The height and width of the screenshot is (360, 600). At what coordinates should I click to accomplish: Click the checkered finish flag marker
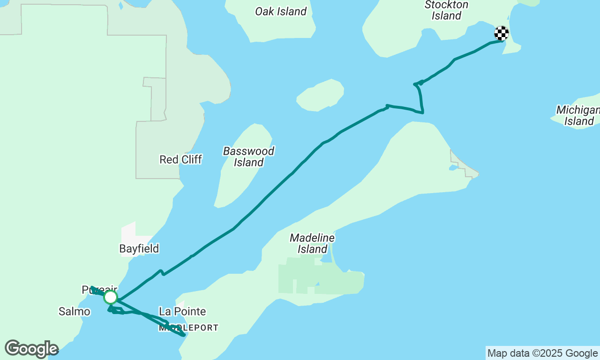coord(502,33)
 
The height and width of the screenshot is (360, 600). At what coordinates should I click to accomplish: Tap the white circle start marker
coord(111,297)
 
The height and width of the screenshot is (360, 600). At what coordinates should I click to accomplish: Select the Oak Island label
coord(281,11)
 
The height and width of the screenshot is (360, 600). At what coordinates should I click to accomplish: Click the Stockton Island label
coord(446,10)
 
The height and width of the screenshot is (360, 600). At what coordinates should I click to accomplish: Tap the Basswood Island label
coord(248,157)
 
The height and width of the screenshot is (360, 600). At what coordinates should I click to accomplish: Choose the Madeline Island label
coord(312,243)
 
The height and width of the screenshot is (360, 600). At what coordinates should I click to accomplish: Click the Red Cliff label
coord(180,159)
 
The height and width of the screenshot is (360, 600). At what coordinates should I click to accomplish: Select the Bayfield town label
coord(139,248)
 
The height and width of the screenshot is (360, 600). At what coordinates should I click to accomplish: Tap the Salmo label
coord(74,311)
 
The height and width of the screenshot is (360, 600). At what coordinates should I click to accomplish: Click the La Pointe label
coord(182,311)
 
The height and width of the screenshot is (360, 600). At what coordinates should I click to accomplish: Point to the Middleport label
coord(188,328)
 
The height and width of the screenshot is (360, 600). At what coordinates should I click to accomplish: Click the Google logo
coord(31,349)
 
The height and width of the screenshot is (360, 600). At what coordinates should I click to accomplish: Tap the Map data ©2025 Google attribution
coord(542,353)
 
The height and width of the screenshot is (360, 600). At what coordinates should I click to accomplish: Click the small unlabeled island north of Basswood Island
coord(321,95)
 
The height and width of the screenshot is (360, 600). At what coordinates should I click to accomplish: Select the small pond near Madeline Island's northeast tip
coord(453,167)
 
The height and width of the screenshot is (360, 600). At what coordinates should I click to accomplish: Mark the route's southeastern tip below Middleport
coord(184,335)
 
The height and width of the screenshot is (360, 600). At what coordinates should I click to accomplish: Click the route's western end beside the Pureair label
coord(92,287)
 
